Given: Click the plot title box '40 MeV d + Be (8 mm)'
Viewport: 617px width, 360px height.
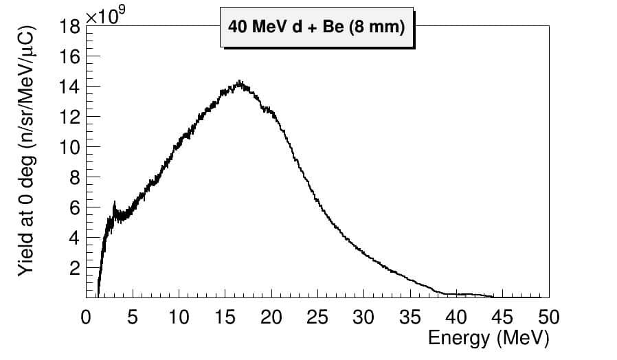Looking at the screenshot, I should (316, 27).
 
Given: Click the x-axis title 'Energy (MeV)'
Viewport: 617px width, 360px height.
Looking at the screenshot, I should (488, 338).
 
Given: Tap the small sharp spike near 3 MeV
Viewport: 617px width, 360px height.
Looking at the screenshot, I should (114, 203).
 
